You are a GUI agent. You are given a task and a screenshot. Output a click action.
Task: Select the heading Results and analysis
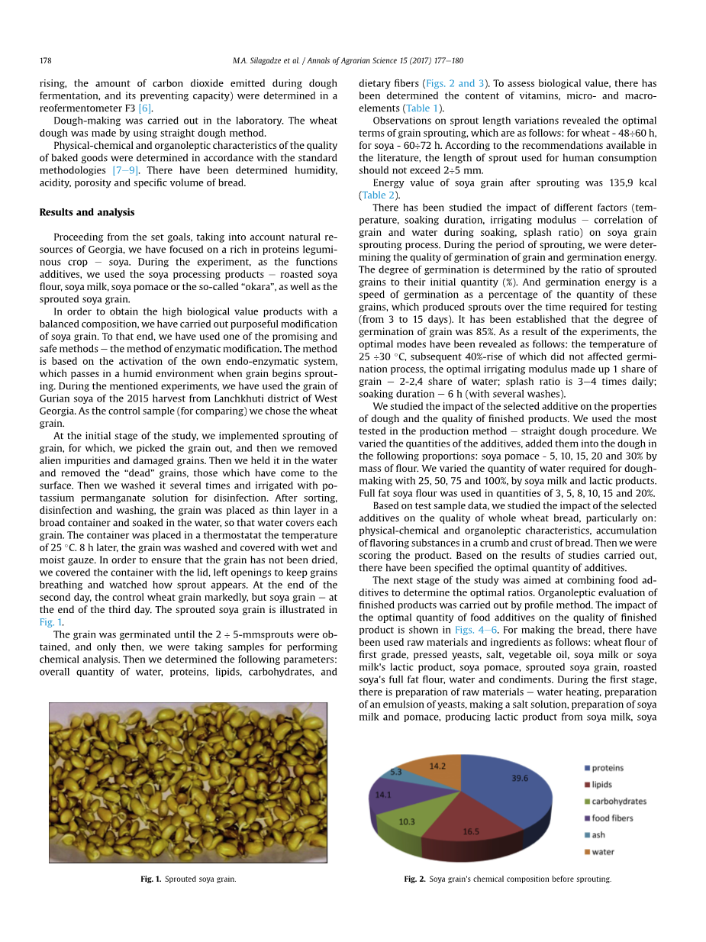(86, 212)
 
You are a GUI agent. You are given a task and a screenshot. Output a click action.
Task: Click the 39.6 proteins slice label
(519, 779)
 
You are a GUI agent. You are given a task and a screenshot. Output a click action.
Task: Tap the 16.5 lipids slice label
(471, 831)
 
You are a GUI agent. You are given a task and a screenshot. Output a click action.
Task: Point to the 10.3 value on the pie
(407, 821)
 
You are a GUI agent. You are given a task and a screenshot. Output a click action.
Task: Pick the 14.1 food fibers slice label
(382, 794)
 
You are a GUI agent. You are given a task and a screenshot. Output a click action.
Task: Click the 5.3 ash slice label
(396, 772)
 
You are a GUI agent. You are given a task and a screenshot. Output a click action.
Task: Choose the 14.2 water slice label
(438, 765)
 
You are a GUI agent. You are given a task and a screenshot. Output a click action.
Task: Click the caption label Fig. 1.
(150, 879)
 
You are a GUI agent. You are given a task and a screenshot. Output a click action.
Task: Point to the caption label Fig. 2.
(414, 879)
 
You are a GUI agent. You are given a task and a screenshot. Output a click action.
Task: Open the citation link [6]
(145, 108)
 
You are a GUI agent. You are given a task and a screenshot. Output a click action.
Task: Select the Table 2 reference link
(379, 195)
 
